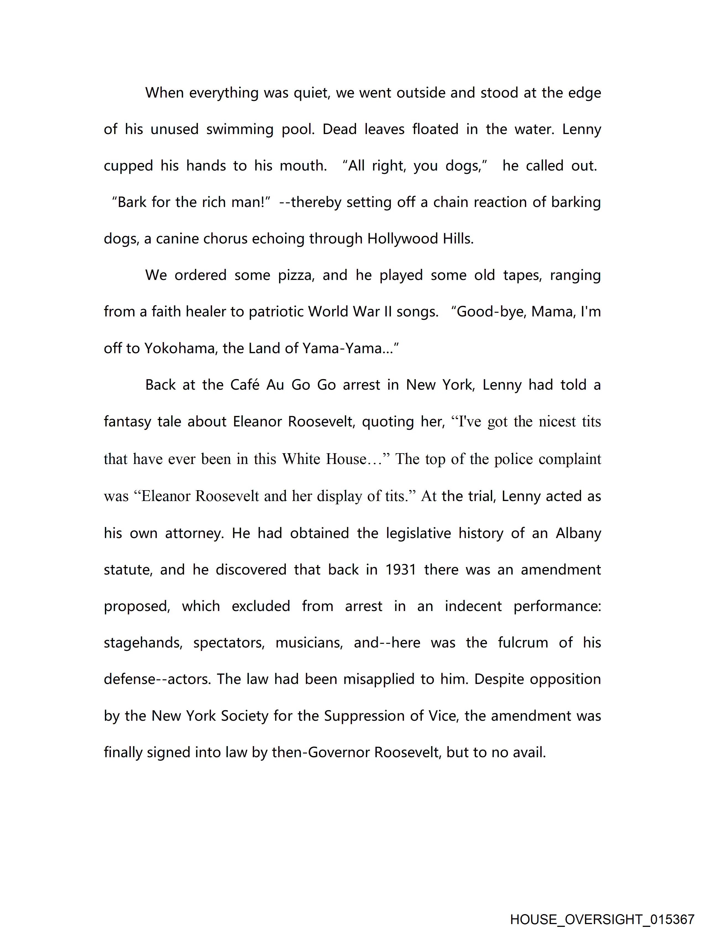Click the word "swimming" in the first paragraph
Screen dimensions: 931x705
click(x=240, y=129)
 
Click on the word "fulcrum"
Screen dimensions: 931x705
click(x=523, y=643)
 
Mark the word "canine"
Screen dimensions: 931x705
click(x=177, y=239)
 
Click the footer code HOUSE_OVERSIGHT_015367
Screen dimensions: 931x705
click(x=602, y=919)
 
